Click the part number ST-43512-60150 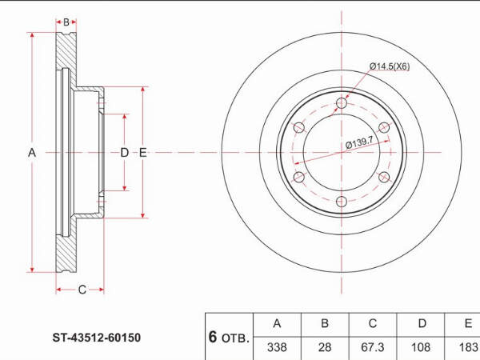[x=97, y=338]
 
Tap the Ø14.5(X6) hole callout [x=390, y=66]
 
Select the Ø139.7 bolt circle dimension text [x=359, y=142]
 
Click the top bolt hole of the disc [x=342, y=103]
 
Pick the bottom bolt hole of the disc [x=342, y=202]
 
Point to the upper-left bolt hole [x=298, y=128]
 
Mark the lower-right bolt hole [x=384, y=177]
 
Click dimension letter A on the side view [x=32, y=153]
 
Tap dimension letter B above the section [x=66, y=22]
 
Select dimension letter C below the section [x=82, y=290]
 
